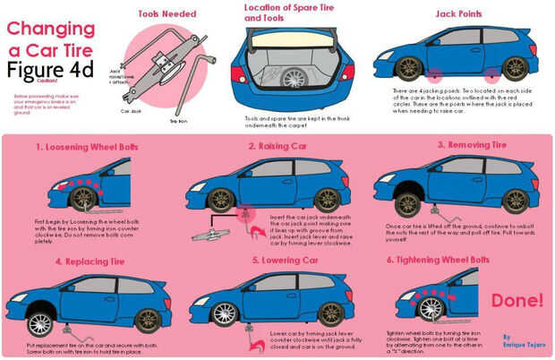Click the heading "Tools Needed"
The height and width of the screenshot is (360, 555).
(x=167, y=13)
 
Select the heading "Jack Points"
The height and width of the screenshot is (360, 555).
(x=457, y=14)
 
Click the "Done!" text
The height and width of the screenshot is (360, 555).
(x=516, y=299)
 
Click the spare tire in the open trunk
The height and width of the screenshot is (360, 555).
(x=294, y=77)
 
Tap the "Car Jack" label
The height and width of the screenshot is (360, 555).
(x=132, y=112)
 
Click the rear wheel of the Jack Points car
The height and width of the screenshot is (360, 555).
(x=515, y=68)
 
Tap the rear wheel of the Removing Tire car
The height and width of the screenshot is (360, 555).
(x=515, y=200)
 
